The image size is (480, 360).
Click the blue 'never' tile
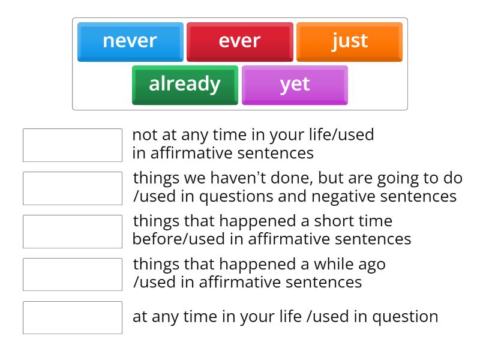coord(130,41)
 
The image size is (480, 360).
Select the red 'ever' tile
coord(240,41)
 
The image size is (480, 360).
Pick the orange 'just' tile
coord(350,41)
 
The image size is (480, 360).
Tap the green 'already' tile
coord(185,85)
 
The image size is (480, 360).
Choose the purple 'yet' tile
coord(295,85)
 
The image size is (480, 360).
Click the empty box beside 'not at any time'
coord(73,145)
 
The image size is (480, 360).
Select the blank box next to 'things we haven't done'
coord(73,188)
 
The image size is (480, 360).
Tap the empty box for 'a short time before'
coord(73,231)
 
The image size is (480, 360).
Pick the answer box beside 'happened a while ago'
coord(73,274)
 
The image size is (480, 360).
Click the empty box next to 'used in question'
coord(73,317)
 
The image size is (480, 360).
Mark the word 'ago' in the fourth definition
coord(373,265)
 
